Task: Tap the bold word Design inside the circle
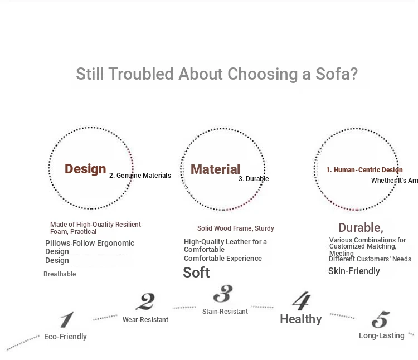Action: [x=85, y=169]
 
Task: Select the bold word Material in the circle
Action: [x=215, y=169]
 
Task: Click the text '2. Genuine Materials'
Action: [x=140, y=176]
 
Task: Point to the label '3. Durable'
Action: [x=254, y=179]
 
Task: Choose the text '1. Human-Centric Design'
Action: [x=364, y=170]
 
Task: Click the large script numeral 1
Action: [x=67, y=319]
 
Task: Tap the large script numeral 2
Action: [x=145, y=301]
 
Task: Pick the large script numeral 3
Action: [x=223, y=294]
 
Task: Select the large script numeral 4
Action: [x=302, y=301]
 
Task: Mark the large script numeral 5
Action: [x=381, y=319]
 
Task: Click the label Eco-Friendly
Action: [x=65, y=337]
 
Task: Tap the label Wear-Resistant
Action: [x=145, y=320]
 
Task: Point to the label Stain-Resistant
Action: [x=225, y=311]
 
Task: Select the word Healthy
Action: [x=301, y=319]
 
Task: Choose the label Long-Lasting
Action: [x=381, y=335]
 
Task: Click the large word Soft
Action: [x=196, y=273]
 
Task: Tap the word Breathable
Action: [x=60, y=274]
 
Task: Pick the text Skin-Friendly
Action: [x=354, y=271]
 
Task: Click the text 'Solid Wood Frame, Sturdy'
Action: [x=236, y=228]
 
